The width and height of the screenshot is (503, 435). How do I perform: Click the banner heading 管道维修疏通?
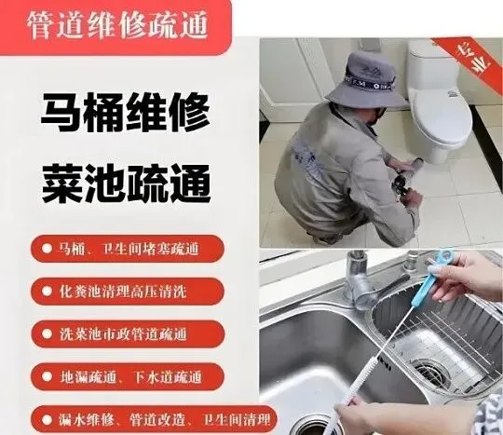(117, 25)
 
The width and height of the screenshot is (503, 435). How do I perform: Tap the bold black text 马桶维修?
(126, 113)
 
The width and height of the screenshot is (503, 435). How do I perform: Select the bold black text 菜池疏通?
(126, 183)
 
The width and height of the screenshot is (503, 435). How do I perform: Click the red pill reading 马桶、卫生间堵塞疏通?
(128, 249)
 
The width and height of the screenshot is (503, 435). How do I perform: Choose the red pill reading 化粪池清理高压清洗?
(128, 292)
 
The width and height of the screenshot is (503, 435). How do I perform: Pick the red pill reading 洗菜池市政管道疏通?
(128, 334)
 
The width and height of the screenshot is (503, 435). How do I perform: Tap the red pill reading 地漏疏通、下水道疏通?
(128, 376)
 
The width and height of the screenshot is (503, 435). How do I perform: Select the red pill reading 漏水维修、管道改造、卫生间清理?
(154, 419)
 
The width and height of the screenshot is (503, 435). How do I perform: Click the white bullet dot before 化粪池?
(47, 292)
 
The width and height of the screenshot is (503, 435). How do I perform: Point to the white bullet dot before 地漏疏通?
(47, 376)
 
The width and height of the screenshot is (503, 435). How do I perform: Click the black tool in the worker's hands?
(401, 186)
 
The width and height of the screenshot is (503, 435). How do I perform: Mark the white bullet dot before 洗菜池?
(47, 334)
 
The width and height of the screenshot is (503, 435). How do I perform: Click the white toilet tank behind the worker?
(428, 66)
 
